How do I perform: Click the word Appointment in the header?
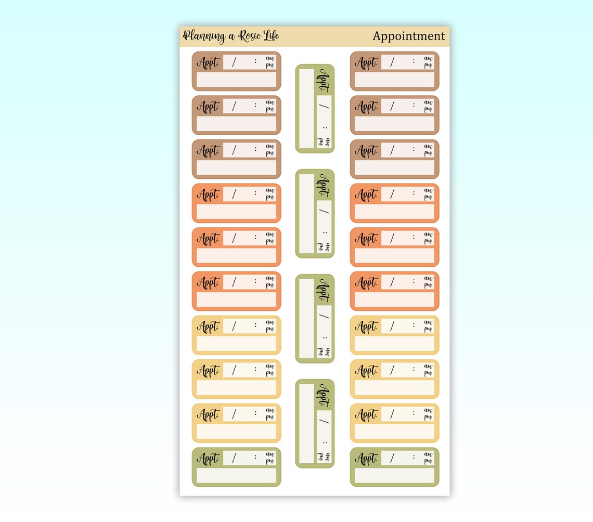click(408, 36)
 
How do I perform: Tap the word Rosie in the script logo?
click(250, 36)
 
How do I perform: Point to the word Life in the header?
click(272, 35)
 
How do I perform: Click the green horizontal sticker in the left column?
click(236, 467)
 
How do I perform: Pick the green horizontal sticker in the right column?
click(394, 467)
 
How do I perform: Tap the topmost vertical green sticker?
click(315, 109)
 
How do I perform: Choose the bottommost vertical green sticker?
click(315, 424)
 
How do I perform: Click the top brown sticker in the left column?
click(236, 71)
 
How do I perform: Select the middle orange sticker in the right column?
click(394, 247)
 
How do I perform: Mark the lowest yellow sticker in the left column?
click(236, 423)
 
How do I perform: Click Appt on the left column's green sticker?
click(208, 459)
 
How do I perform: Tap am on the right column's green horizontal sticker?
click(428, 454)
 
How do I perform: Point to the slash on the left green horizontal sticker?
click(234, 458)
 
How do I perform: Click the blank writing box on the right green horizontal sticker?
click(394, 476)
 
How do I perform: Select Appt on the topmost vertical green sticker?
click(322, 80)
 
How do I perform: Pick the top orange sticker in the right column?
click(394, 203)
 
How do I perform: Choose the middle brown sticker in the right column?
click(394, 115)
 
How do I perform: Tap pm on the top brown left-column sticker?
click(269, 66)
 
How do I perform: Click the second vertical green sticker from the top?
click(315, 214)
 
